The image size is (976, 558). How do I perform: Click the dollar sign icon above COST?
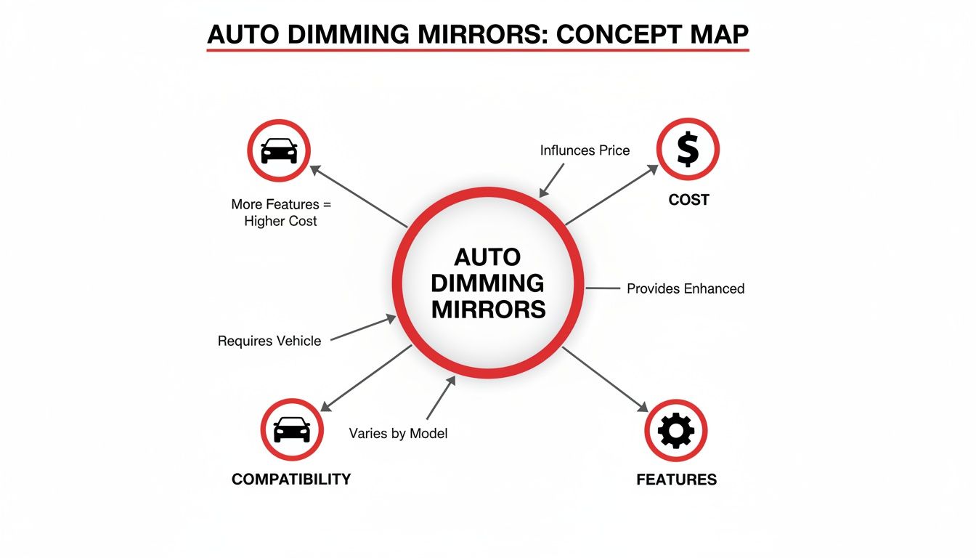coord(687,150)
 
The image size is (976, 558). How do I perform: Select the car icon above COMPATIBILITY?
coord(291,429)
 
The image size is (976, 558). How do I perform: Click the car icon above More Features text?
coord(279,150)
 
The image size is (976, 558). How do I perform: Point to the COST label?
coord(688,199)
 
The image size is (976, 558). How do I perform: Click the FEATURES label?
coord(676,480)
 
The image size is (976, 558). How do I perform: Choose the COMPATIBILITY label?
coord(291,479)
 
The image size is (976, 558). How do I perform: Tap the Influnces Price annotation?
coord(585,150)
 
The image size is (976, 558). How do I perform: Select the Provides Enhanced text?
coord(686,288)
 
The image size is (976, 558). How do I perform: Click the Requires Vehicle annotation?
coord(269,341)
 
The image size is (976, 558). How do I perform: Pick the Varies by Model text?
coord(398,434)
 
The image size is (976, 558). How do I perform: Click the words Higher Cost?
coord(281,221)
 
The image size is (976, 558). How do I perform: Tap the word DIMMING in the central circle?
coord(488,283)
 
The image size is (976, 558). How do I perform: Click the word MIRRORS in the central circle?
coord(488,309)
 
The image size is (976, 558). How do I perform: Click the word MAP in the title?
coord(717,35)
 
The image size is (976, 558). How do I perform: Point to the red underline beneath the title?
coord(477,50)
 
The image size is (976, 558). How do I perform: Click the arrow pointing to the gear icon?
coord(604,379)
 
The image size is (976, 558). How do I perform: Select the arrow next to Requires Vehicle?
coord(363,328)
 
